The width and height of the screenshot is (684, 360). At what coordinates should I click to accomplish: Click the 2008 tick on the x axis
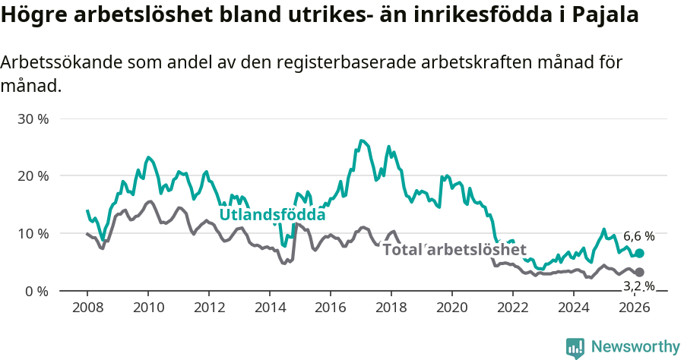[87, 308]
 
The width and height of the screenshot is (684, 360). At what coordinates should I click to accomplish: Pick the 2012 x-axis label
[209, 308]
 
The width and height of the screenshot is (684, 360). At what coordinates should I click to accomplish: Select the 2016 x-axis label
[331, 308]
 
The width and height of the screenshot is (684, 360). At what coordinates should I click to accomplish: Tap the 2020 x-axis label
[452, 308]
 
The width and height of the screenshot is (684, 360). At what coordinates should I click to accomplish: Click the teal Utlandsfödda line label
[272, 215]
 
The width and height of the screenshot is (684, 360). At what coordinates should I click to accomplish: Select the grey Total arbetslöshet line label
[454, 250]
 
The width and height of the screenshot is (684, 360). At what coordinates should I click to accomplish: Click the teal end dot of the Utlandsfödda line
[639, 253]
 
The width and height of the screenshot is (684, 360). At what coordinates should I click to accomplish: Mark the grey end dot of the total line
[639, 272]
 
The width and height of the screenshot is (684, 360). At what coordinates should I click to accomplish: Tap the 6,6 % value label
[638, 236]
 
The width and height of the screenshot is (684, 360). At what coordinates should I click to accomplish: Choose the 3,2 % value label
[638, 286]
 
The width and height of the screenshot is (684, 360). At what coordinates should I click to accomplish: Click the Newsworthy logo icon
[575, 347]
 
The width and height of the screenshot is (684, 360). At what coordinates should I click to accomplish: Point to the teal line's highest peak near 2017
[361, 141]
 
